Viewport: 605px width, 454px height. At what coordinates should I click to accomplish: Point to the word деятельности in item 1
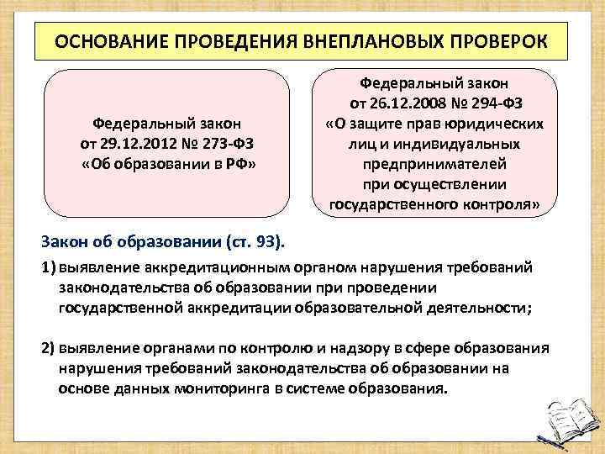click(476, 308)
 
